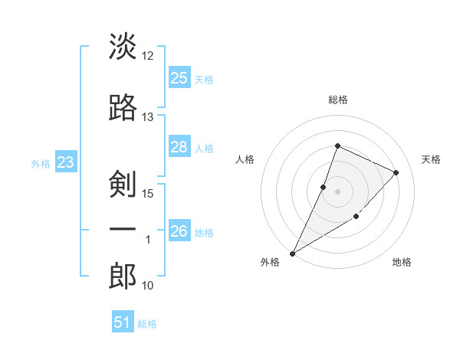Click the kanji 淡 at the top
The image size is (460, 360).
[123, 47]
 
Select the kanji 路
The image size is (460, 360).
[123, 108]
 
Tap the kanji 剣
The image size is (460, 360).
[123, 184]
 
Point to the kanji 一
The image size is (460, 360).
[123, 230]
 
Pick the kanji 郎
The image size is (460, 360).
[123, 277]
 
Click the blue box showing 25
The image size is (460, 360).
[179, 77]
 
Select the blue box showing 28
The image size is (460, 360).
[179, 147]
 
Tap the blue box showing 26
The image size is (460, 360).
[179, 231]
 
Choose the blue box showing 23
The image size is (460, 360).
[65, 162]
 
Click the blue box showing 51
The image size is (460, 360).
[123, 322]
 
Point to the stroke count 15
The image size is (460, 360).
[148, 193]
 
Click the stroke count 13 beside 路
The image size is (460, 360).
[148, 116]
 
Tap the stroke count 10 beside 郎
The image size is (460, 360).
[148, 286]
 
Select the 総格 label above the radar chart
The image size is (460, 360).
[337, 100]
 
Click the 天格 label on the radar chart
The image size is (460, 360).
[432, 159]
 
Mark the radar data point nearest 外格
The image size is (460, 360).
[292, 253]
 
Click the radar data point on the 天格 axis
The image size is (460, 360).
[396, 173]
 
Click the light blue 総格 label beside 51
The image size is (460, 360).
[147, 324]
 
